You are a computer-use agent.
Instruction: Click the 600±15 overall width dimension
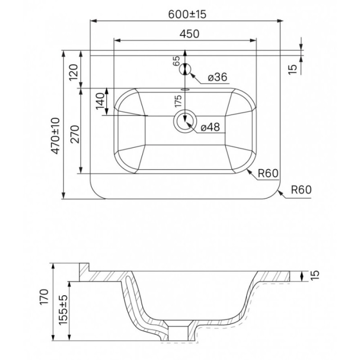click(187, 14)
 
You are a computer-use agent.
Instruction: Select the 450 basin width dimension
click(189, 34)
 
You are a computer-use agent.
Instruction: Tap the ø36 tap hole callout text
click(217, 77)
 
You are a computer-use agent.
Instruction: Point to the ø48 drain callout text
click(210, 127)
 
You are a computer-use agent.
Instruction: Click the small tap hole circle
click(185, 69)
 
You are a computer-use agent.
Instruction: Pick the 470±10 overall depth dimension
click(55, 136)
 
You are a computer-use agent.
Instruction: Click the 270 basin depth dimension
click(75, 134)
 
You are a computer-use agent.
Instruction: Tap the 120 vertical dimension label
click(74, 72)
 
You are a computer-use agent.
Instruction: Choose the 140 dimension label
click(100, 101)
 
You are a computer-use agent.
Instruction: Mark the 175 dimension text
click(178, 101)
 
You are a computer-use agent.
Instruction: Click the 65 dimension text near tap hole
click(176, 61)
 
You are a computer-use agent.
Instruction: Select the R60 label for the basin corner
click(268, 173)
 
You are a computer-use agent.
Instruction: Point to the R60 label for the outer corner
click(301, 189)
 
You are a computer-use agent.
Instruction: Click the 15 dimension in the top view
click(292, 69)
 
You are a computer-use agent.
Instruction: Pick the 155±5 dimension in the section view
click(63, 310)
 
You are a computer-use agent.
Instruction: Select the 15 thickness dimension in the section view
click(315, 275)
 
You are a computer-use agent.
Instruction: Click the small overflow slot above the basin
click(185, 89)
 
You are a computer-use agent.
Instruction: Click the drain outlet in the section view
click(178, 333)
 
